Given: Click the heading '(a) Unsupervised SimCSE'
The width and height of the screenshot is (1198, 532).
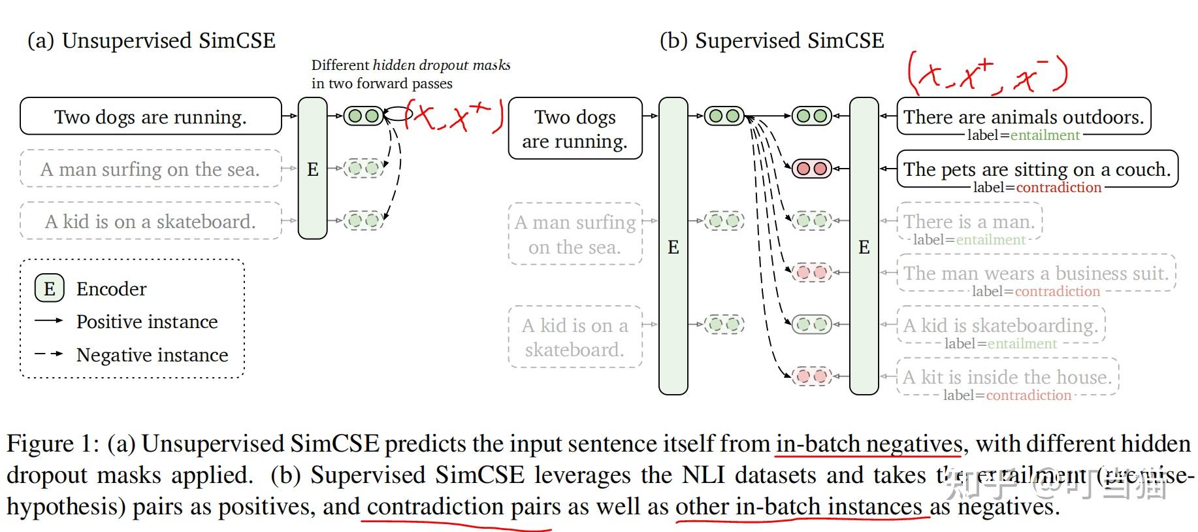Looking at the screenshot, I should [151, 41].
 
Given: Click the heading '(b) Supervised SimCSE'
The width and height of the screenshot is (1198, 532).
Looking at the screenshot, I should [771, 41].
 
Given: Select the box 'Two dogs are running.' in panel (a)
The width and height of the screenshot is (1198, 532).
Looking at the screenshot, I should [150, 116].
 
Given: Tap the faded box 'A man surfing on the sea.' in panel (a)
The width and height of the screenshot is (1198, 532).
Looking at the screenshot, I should [150, 169].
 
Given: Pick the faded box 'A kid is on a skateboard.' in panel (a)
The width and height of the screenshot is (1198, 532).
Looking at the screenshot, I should [150, 222].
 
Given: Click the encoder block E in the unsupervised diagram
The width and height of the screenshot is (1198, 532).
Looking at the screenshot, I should [312, 169].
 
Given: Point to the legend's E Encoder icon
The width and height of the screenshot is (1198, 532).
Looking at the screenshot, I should [50, 288].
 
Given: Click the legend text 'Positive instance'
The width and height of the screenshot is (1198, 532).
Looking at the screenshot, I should [146, 322].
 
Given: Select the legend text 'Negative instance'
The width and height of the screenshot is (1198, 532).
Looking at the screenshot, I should [152, 355].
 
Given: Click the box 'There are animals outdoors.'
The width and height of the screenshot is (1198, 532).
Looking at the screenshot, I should [1023, 116].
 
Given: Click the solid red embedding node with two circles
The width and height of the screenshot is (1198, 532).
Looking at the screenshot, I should [811, 169].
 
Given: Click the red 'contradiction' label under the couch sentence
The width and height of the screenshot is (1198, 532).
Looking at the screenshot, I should [1058, 188].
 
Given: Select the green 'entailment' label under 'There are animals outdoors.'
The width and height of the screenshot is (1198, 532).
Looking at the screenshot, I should [1044, 135].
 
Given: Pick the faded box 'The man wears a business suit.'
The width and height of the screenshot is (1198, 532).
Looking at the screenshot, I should [1036, 273].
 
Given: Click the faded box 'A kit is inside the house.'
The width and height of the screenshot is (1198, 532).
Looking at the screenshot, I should [1007, 376].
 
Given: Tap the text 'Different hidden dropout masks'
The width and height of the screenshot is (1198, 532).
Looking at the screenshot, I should [410, 65].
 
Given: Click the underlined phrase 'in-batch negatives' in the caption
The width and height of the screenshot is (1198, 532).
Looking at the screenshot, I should [869, 444].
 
